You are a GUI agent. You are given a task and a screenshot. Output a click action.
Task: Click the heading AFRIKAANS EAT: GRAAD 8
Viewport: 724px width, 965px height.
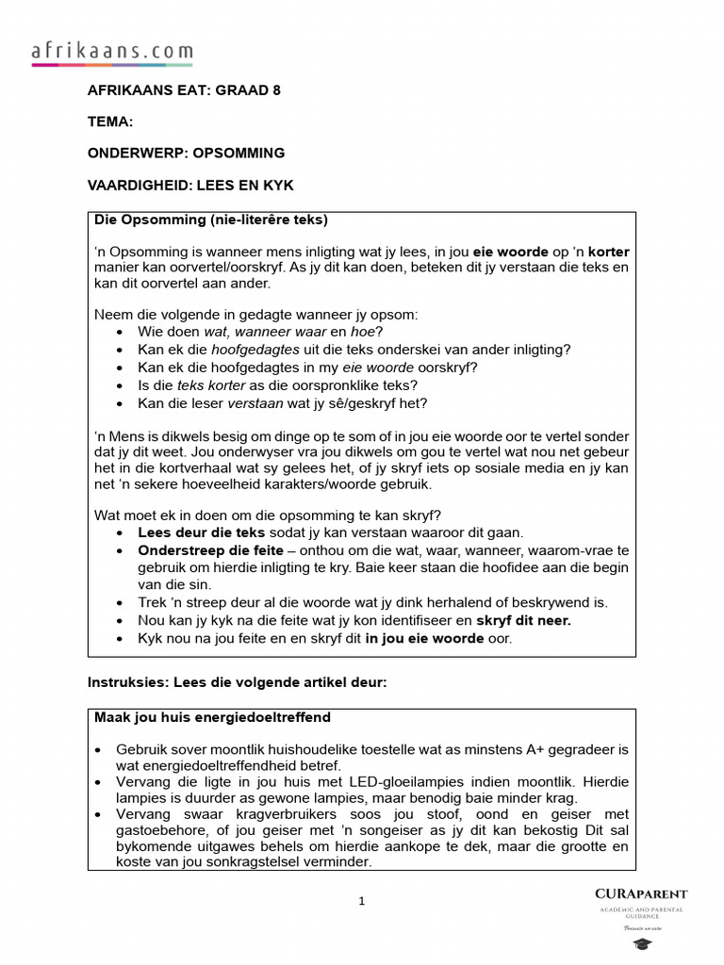[x=184, y=90]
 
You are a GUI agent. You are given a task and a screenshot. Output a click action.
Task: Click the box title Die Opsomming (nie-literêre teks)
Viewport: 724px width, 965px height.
[x=211, y=221]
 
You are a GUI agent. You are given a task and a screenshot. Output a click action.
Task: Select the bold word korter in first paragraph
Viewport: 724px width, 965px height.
[x=607, y=252]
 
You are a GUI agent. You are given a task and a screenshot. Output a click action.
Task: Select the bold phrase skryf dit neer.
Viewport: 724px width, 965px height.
[x=524, y=621]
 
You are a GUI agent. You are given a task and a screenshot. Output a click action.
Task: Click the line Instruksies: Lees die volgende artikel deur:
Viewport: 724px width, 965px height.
[x=237, y=682]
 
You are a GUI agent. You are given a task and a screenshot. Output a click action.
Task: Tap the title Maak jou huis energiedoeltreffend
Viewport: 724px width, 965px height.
[x=212, y=718]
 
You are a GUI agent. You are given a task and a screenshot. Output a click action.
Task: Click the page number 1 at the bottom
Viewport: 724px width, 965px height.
[x=361, y=902]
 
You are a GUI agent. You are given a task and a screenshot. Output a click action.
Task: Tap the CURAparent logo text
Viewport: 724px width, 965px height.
[x=641, y=893]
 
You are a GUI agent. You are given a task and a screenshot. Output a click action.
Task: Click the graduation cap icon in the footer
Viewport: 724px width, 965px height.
[x=641, y=944]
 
